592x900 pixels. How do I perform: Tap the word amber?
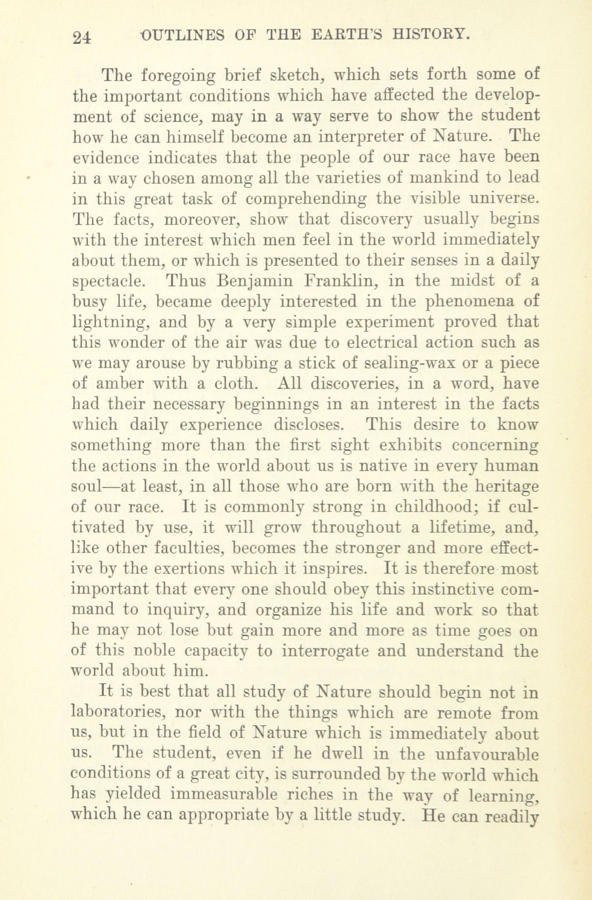(x=120, y=384)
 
